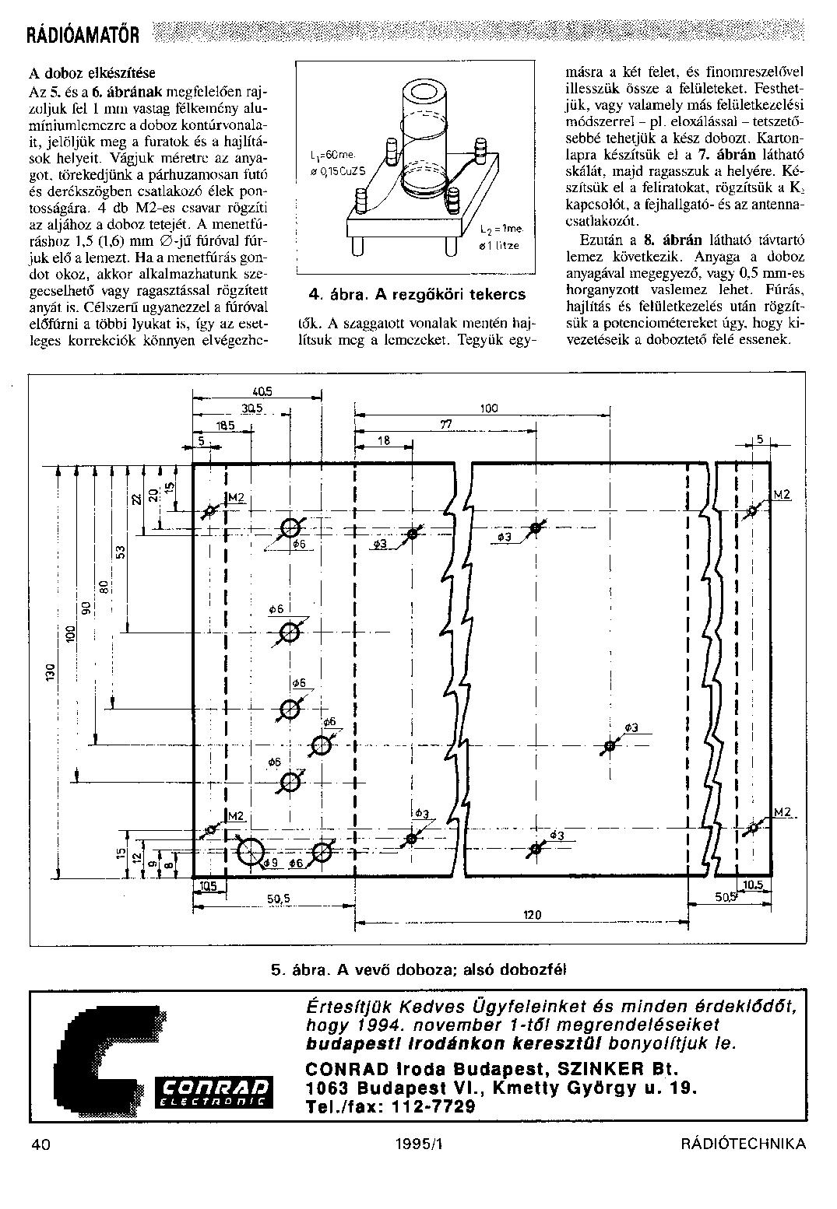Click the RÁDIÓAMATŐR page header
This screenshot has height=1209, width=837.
[83, 35]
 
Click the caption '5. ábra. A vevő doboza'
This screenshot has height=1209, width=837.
[419, 970]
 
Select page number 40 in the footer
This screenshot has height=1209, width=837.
[41, 1143]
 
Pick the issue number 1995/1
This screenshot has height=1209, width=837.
[417, 1143]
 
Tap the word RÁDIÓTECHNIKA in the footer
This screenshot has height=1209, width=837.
[743, 1143]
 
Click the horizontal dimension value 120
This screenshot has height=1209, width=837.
[533, 915]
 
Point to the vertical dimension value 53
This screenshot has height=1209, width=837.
[121, 552]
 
